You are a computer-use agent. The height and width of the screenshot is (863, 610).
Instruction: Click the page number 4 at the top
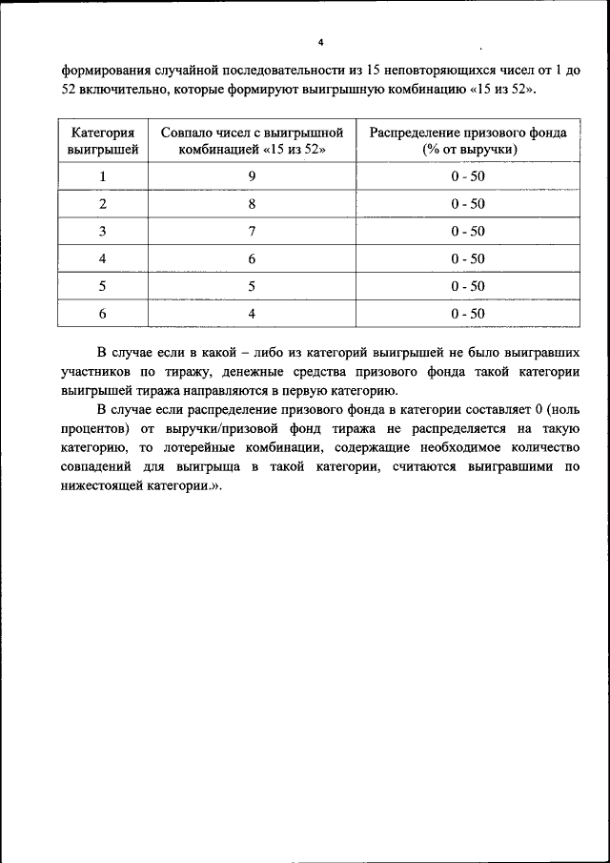click(x=320, y=42)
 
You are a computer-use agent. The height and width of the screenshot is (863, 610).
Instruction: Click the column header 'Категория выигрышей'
click(x=102, y=141)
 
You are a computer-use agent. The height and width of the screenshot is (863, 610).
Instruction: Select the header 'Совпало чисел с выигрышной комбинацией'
click(x=251, y=141)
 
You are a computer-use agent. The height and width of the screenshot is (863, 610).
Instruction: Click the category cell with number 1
click(x=102, y=176)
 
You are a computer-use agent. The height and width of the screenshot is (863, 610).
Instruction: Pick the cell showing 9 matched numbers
click(x=251, y=176)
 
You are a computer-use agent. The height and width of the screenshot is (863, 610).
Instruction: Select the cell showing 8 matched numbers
click(x=251, y=204)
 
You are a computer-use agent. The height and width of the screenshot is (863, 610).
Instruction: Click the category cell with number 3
click(x=102, y=232)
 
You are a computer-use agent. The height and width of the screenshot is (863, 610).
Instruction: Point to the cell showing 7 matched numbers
click(x=251, y=232)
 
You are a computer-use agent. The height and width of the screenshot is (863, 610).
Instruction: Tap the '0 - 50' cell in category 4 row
click(x=468, y=259)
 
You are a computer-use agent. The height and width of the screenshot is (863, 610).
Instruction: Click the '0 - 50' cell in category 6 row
click(x=468, y=314)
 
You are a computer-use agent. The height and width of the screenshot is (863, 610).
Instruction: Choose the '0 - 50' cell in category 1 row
click(x=468, y=176)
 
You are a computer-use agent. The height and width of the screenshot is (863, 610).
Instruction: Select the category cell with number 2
click(x=102, y=204)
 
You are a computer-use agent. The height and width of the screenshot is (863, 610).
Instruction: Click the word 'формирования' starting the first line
click(x=106, y=72)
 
